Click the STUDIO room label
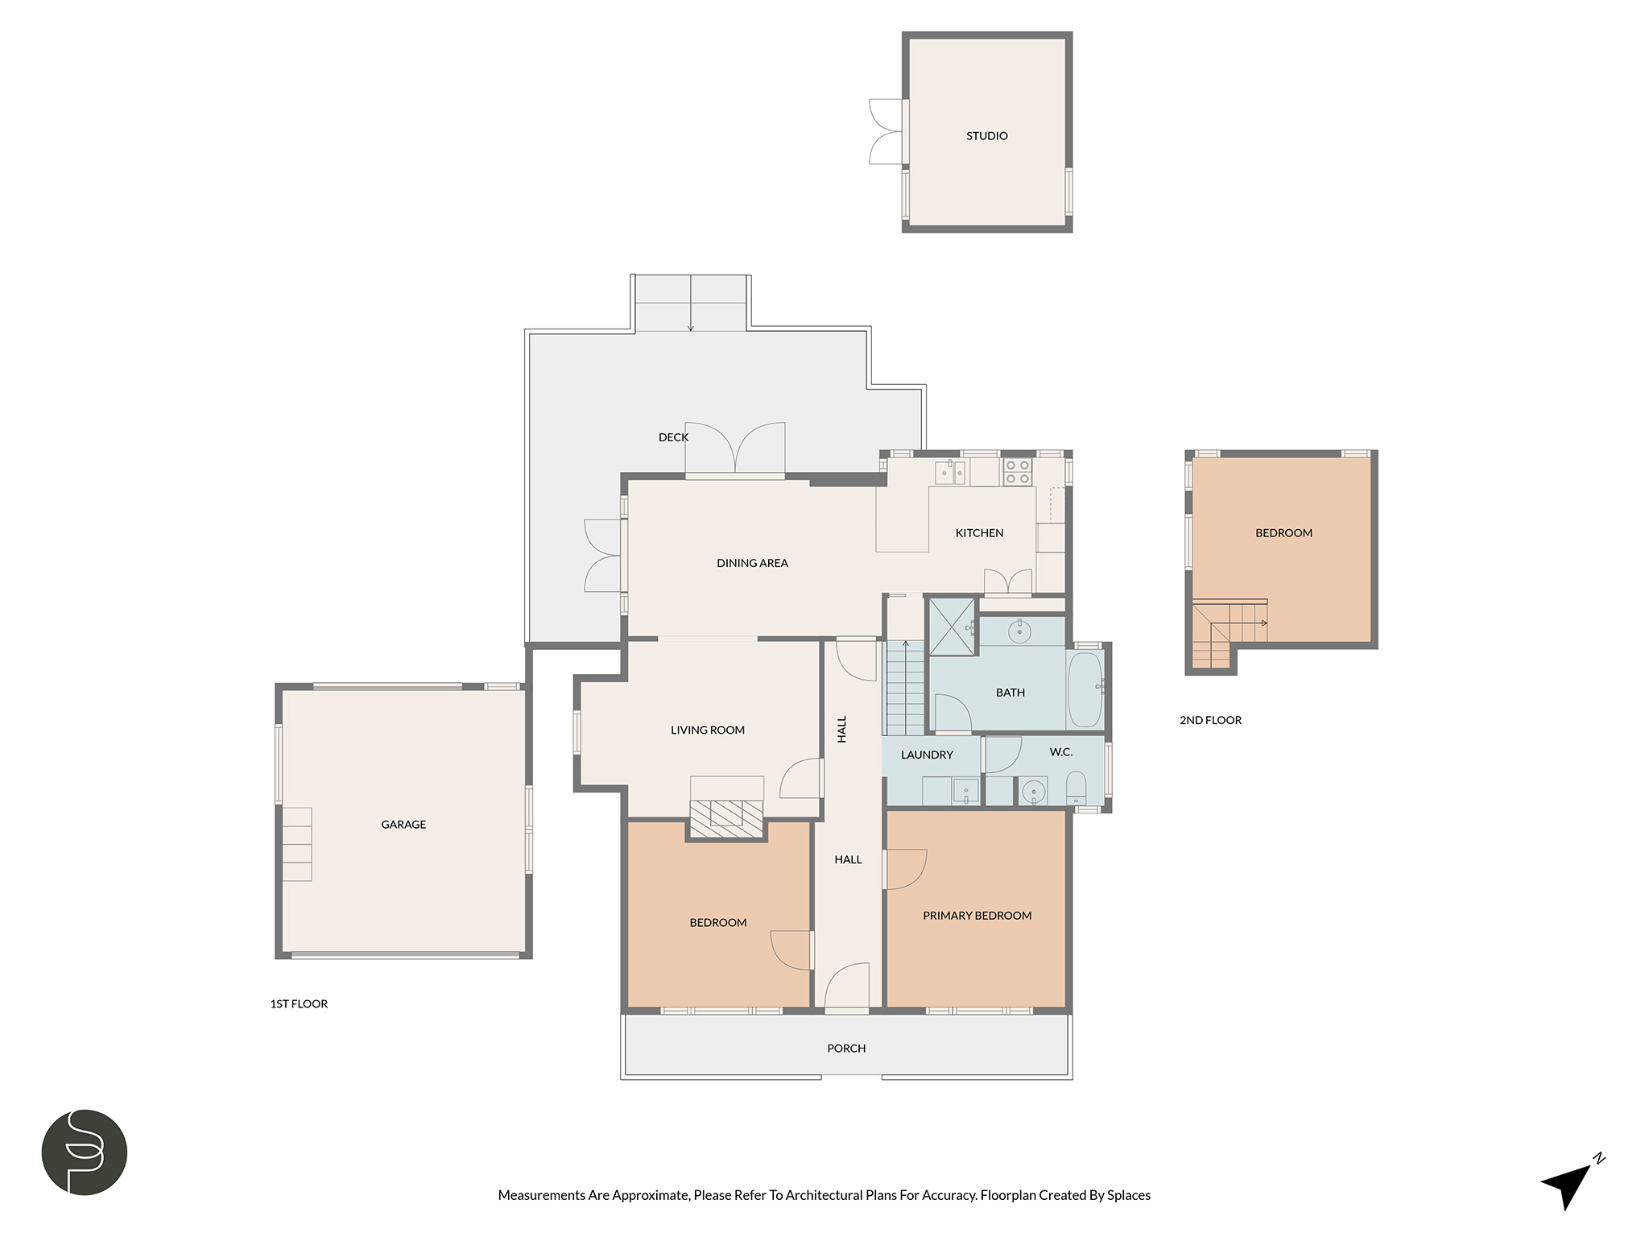click(986, 136)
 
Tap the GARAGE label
click(403, 825)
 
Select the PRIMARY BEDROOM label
click(977, 916)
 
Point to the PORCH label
click(846, 1049)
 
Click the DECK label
click(673, 437)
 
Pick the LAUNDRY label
click(927, 755)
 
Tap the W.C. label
click(1060, 752)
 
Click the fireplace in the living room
click(726, 813)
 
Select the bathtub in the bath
click(1085, 689)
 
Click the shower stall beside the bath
click(952, 627)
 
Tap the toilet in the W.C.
click(1076, 788)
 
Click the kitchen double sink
click(950, 473)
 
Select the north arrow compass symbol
click(1573, 1182)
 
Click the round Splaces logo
click(85, 1152)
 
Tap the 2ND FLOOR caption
click(1210, 721)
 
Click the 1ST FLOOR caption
click(299, 1004)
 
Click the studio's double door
click(886, 132)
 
